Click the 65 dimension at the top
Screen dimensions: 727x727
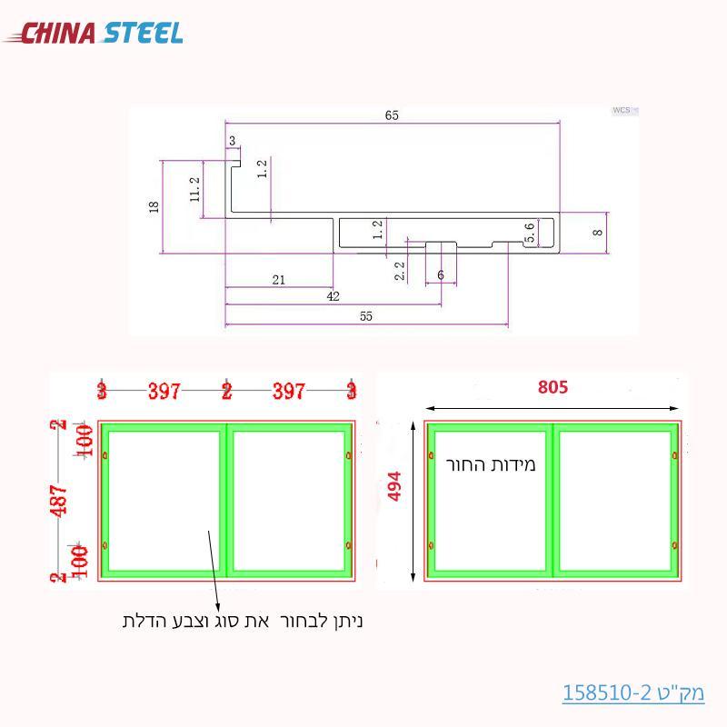click(392, 115)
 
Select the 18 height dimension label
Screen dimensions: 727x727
click(154, 207)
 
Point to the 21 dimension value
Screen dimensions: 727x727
click(278, 280)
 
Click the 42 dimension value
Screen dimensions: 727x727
click(333, 296)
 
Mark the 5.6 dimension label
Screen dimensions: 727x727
click(531, 233)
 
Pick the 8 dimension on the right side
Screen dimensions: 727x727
click(597, 233)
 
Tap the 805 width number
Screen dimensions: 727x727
click(553, 387)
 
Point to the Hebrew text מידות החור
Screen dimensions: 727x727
click(492, 465)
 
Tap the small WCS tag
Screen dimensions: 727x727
click(622, 110)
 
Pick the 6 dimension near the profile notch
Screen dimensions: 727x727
click(441, 274)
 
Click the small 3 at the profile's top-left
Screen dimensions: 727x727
click(233, 141)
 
